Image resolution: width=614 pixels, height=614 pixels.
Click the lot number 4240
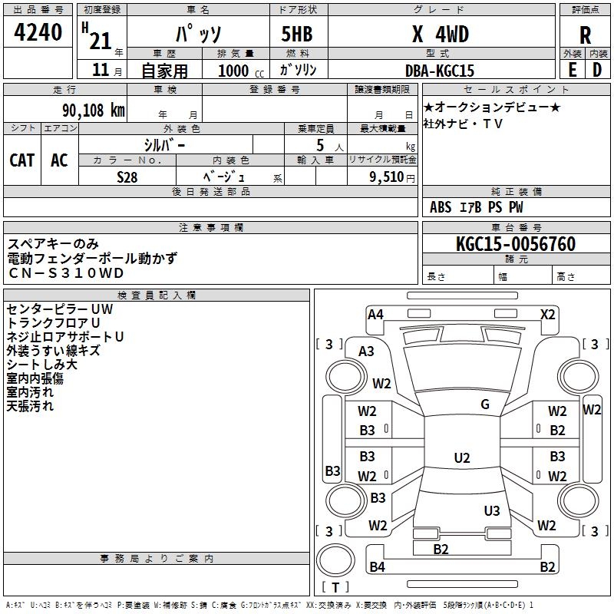pos(38,33)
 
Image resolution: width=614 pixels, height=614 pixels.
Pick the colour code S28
pos(127,177)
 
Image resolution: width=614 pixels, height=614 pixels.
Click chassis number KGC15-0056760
pos(515,244)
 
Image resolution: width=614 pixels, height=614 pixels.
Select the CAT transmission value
pos(21,160)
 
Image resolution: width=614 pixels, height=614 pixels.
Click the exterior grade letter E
pos(572,70)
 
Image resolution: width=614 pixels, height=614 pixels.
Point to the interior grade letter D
pos(596,70)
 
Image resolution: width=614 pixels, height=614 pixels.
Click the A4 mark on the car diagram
pos(375,314)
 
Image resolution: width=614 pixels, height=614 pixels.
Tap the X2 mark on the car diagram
pos(547,314)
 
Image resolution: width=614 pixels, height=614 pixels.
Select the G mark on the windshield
pos(485,404)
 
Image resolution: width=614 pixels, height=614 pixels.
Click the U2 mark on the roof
pos(461,458)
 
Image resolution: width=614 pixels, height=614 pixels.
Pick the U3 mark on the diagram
pos(492,510)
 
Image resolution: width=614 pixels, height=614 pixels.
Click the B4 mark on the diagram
pos(377,567)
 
